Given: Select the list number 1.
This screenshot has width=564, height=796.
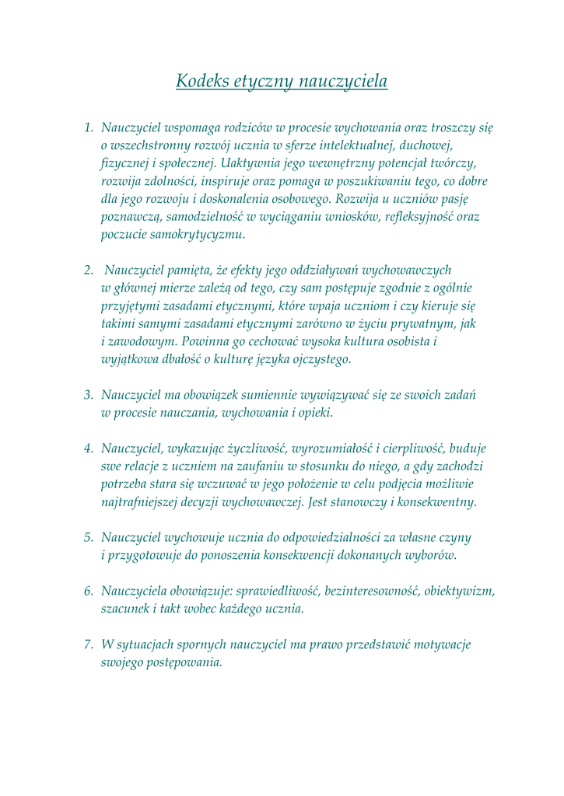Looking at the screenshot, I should pyautogui.click(x=89, y=127).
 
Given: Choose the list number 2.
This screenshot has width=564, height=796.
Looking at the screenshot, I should pyautogui.click(x=89, y=271).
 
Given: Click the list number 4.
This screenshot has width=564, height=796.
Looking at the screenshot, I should pyautogui.click(x=89, y=449).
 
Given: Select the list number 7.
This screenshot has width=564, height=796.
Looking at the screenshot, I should pyautogui.click(x=89, y=644).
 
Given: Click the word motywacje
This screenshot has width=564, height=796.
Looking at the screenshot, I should pyautogui.click(x=434, y=644).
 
